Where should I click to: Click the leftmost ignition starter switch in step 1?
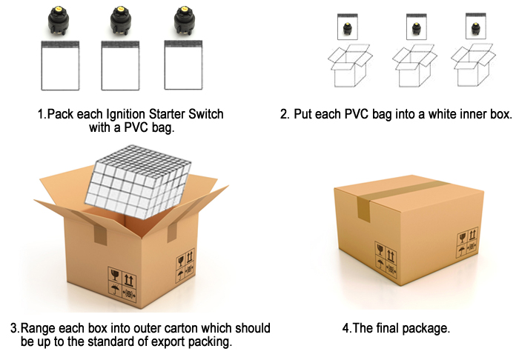click(59, 21)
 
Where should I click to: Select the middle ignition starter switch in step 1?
click(121, 21)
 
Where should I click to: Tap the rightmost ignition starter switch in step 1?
click(185, 21)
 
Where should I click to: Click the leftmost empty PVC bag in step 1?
click(60, 65)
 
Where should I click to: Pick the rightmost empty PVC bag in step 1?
click(183, 64)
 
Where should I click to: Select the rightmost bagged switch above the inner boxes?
click(476, 26)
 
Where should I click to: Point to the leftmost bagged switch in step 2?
click(348, 27)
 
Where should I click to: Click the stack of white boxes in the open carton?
click(139, 181)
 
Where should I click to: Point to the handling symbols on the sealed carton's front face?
click(386, 259)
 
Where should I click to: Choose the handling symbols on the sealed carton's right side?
click(468, 242)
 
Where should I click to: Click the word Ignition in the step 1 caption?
click(126, 114)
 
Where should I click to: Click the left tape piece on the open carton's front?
click(100, 233)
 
